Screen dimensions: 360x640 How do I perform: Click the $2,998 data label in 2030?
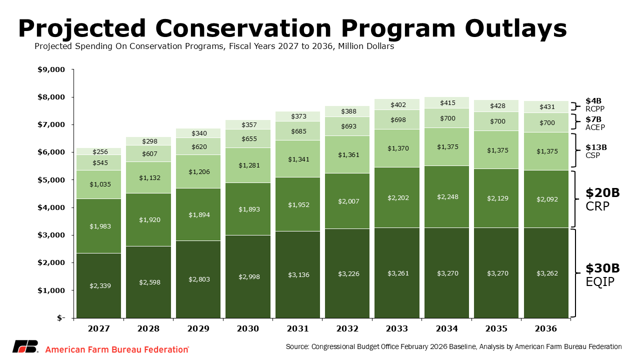coord(247,276)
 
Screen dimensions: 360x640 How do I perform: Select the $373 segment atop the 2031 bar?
coord(297,116)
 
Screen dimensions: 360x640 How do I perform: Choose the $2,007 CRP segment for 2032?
coord(347,201)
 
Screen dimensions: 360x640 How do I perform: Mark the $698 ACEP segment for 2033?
coord(396,119)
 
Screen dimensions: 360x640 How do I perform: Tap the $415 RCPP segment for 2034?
coord(446,102)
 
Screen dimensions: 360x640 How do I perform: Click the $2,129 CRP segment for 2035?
coord(496,198)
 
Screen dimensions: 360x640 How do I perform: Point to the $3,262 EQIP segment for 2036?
coord(546,273)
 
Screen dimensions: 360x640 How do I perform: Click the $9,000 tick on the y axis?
coord(51,69)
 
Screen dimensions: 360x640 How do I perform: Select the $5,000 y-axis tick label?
coord(51,180)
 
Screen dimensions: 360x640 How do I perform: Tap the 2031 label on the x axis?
coord(297,328)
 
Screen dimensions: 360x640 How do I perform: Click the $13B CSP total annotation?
coord(596,151)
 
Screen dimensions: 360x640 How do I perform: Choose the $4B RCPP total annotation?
coord(595,104)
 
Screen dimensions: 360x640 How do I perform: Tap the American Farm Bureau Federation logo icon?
coord(25,346)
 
